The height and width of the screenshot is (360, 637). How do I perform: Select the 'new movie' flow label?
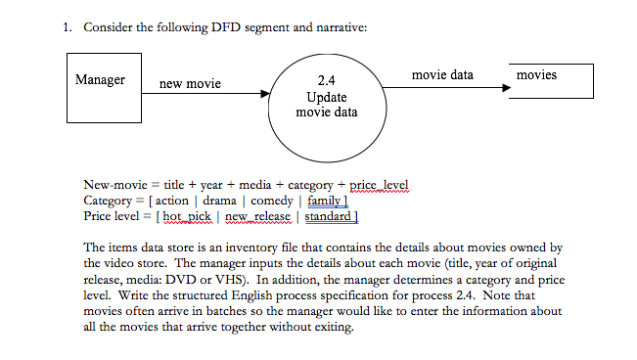[x=190, y=84]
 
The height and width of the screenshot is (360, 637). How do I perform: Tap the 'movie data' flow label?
[x=442, y=74]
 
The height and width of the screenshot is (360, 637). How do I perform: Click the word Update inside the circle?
[x=326, y=97]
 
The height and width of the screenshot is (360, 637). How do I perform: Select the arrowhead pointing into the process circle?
[x=265, y=95]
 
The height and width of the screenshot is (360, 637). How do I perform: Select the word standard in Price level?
[x=328, y=215]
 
